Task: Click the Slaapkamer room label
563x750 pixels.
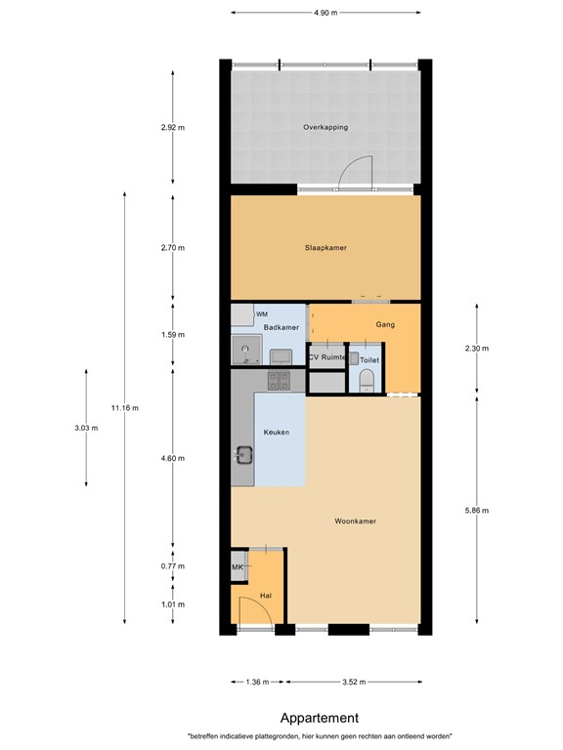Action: pos(325,248)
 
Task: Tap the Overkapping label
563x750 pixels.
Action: pos(325,127)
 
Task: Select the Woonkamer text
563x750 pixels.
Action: pos(355,521)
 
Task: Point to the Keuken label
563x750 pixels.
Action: pos(276,432)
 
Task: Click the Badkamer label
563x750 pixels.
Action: pos(281,327)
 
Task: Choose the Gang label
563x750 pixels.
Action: pos(384,323)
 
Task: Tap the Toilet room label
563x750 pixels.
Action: pos(368,360)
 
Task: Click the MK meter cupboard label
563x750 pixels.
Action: pos(237,567)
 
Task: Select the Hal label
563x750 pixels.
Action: pos(265,595)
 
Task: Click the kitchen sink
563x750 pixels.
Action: pos(243,454)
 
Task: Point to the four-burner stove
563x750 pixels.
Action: pos(278,380)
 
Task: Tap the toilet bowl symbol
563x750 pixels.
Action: pos(368,385)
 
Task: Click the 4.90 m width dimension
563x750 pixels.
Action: pos(325,13)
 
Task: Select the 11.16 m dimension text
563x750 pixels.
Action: pos(125,407)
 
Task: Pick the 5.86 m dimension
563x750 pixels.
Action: pos(476,510)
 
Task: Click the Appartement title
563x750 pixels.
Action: pos(319,718)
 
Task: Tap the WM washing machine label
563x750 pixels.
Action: pos(262,313)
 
